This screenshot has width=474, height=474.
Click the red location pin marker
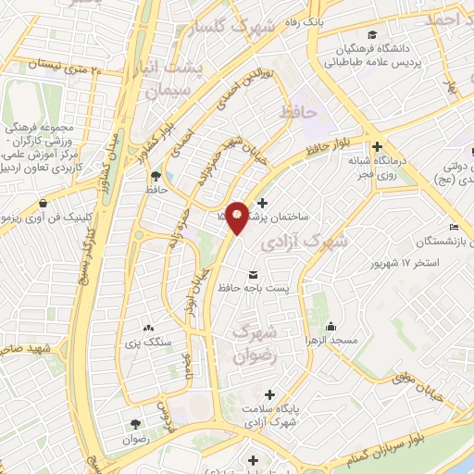[x=237, y=216]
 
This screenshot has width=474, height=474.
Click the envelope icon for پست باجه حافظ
[x=254, y=273]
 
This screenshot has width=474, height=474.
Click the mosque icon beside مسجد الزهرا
[x=331, y=326]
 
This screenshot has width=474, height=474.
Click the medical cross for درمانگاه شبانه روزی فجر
[x=377, y=146]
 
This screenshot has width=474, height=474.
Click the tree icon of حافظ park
[x=156, y=176]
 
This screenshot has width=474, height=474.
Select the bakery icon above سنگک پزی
[x=148, y=328]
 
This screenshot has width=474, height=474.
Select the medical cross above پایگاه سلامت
[x=270, y=393]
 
